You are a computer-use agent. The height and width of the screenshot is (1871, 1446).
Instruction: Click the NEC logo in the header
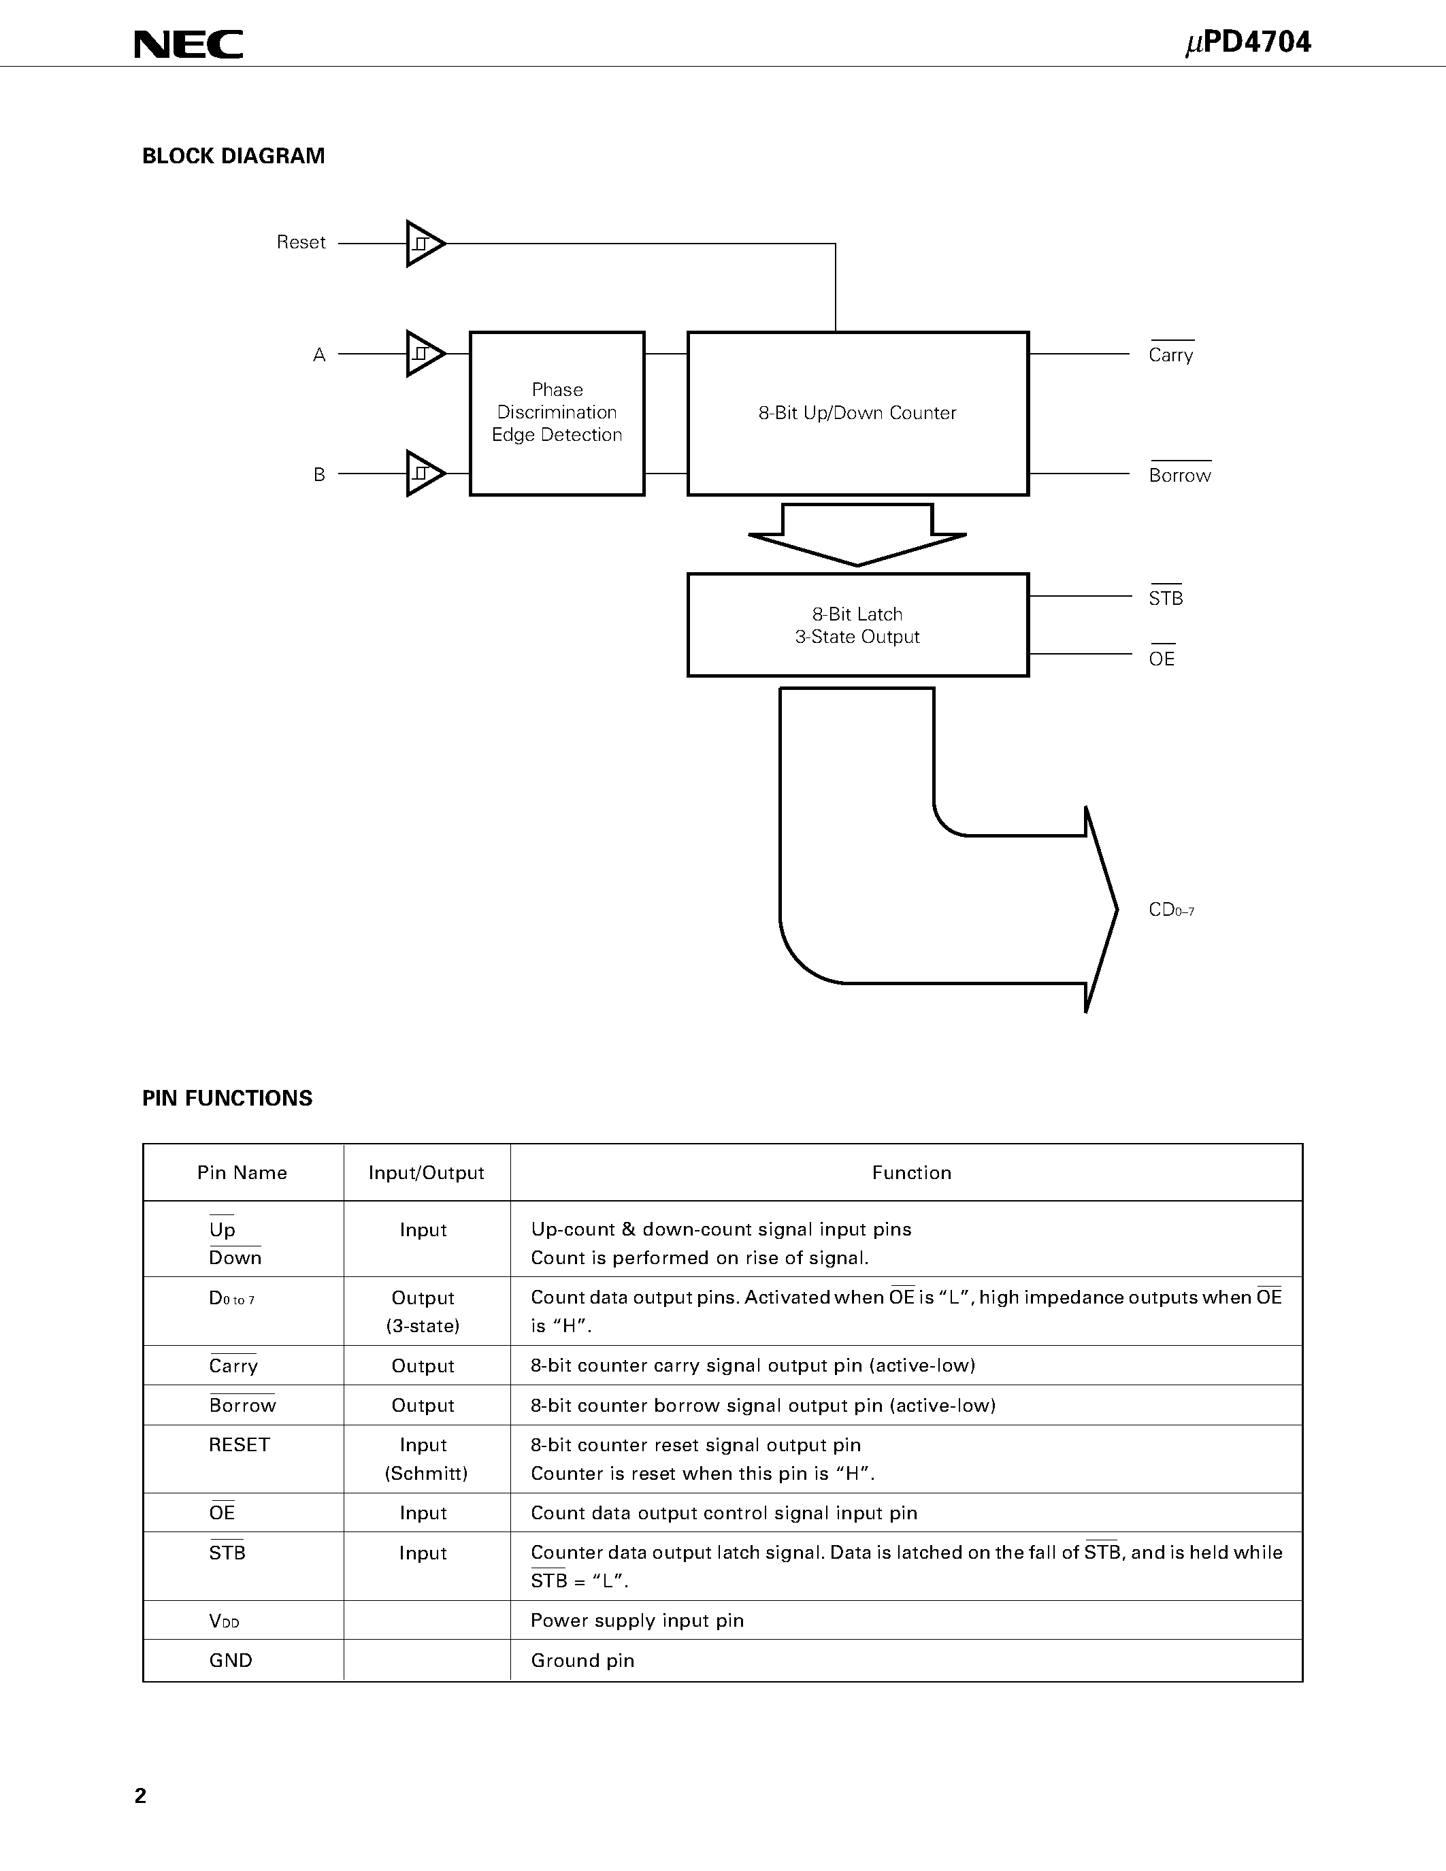tap(188, 44)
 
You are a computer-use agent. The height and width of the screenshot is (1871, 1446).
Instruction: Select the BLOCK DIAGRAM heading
tap(233, 156)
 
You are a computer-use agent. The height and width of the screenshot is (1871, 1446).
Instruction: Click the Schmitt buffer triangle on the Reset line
tap(424, 244)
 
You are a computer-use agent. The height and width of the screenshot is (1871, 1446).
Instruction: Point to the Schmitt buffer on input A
tap(424, 353)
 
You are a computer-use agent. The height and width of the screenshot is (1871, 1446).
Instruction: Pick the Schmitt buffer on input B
tap(424, 473)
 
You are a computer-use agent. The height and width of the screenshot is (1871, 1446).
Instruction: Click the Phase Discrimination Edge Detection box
tap(557, 413)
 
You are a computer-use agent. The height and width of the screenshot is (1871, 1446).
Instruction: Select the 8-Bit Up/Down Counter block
tap(857, 413)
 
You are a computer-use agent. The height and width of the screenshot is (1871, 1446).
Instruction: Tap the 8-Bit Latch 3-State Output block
tap(857, 625)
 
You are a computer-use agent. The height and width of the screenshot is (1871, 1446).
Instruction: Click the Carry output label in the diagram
tap(1170, 354)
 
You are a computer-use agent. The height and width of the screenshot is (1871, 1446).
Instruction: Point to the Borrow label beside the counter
tap(1179, 476)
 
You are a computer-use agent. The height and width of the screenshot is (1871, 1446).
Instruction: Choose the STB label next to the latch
tap(1165, 598)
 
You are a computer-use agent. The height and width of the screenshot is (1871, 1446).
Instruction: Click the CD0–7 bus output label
tap(1170, 910)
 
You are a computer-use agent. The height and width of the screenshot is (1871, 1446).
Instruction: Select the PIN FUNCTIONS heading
tap(227, 1098)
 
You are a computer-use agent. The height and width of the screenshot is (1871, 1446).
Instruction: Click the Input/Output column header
tap(426, 1173)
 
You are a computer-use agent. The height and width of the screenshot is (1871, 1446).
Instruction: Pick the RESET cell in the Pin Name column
tap(239, 1444)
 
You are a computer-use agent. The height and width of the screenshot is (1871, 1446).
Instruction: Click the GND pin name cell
tap(231, 1660)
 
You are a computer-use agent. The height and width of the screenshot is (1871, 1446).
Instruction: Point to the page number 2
tap(140, 1795)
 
